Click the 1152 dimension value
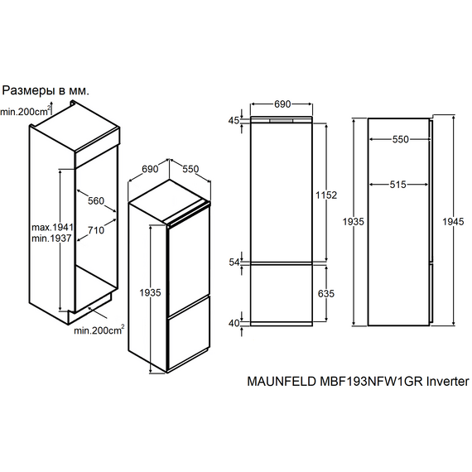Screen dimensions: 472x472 [326, 195]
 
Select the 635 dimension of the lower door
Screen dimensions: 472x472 [326, 293]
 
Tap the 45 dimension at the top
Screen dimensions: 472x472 [234, 120]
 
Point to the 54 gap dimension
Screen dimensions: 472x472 [234, 262]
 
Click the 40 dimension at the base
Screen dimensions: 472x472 [234, 323]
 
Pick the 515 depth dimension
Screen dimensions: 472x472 [398, 185]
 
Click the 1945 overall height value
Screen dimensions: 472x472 [453, 222]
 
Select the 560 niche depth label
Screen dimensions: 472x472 [96, 200]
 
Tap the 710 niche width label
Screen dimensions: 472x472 [96, 230]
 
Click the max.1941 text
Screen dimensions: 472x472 [53, 227]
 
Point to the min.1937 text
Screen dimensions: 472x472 [51, 238]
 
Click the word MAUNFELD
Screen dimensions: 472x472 [282, 382]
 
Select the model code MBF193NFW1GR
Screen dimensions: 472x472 [372, 382]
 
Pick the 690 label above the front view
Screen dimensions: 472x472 [282, 104]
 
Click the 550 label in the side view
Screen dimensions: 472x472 [400, 139]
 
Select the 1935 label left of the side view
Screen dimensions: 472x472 [354, 222]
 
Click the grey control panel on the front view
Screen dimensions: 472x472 [282, 121]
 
